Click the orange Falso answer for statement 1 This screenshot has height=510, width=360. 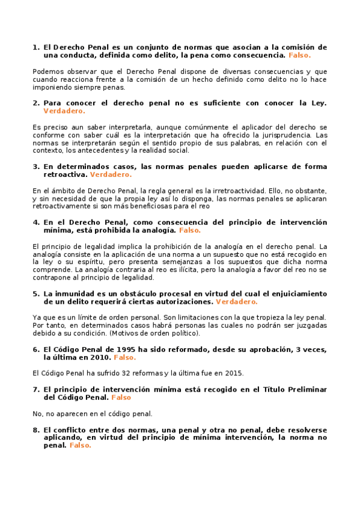point(299,55)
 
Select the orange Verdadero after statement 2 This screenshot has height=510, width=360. point(64,111)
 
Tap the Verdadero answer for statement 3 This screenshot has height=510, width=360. point(110,174)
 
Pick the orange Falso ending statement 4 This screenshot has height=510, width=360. point(189,230)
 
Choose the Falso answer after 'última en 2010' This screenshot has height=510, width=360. point(125,357)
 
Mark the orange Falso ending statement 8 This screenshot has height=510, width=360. point(80,446)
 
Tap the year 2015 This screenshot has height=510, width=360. point(234,373)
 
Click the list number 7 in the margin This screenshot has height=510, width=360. point(35,389)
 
